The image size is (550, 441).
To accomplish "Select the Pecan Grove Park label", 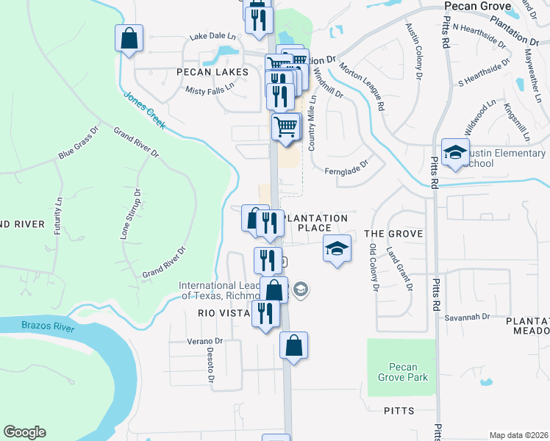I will click(402, 373).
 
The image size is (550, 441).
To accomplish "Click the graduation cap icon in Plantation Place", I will click(337, 250).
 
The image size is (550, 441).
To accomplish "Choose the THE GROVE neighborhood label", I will click(393, 234).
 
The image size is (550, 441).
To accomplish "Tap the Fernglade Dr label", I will click(346, 170).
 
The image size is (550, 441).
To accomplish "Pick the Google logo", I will click(24, 432).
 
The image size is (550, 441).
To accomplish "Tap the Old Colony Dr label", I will click(374, 268).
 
